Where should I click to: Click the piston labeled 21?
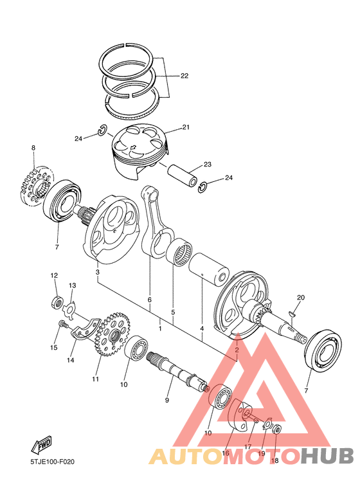(138, 151)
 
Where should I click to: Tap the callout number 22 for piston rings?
(184, 76)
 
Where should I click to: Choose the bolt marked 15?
(62, 326)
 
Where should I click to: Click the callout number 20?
(300, 297)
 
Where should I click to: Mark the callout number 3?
(97, 273)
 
